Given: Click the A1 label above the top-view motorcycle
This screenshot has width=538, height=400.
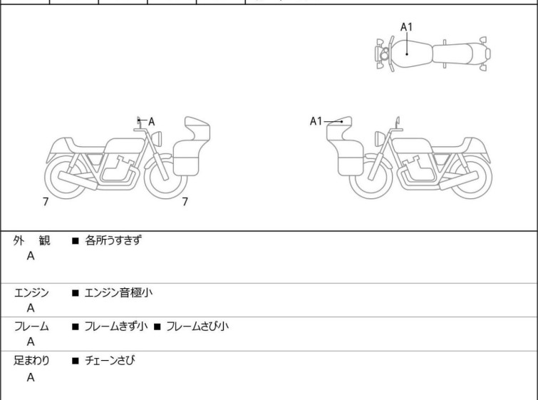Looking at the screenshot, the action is coord(407,27).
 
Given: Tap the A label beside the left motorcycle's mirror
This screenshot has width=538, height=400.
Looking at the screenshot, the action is coord(151,121).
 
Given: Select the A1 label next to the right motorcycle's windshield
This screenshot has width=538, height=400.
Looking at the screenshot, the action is coord(316,121).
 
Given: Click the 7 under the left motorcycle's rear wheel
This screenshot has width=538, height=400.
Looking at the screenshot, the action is coord(46,202).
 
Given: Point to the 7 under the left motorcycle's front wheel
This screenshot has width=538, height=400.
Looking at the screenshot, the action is coord(185,202).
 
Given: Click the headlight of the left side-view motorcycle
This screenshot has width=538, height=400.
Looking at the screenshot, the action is coord(157,139).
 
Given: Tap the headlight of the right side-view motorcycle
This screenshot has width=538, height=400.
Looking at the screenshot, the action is coord(381,139).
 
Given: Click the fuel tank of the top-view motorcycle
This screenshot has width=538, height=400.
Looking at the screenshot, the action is coord(412,54).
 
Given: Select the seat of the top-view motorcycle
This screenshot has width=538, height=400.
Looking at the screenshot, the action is coord(453,54).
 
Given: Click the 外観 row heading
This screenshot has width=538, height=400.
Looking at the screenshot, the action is coord(31,240).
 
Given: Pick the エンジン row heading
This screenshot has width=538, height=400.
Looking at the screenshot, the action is coord(31,293).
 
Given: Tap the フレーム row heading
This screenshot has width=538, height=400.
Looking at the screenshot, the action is coord(31,327).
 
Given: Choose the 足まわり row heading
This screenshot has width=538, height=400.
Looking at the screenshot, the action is coord(31,361).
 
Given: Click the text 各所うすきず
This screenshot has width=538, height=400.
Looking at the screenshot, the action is coord(113,240).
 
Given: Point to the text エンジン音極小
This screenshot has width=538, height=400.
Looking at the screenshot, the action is coord(118,293).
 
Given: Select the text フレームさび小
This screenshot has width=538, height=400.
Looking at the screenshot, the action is coord(197,327).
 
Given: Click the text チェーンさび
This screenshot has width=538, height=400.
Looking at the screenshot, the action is coord(110,361).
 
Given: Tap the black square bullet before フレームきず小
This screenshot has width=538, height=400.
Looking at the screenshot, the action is coord(75,327).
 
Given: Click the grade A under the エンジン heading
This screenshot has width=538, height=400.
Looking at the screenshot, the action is coord(31,308).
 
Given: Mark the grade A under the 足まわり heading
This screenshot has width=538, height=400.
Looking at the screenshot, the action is coord(31,377).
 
